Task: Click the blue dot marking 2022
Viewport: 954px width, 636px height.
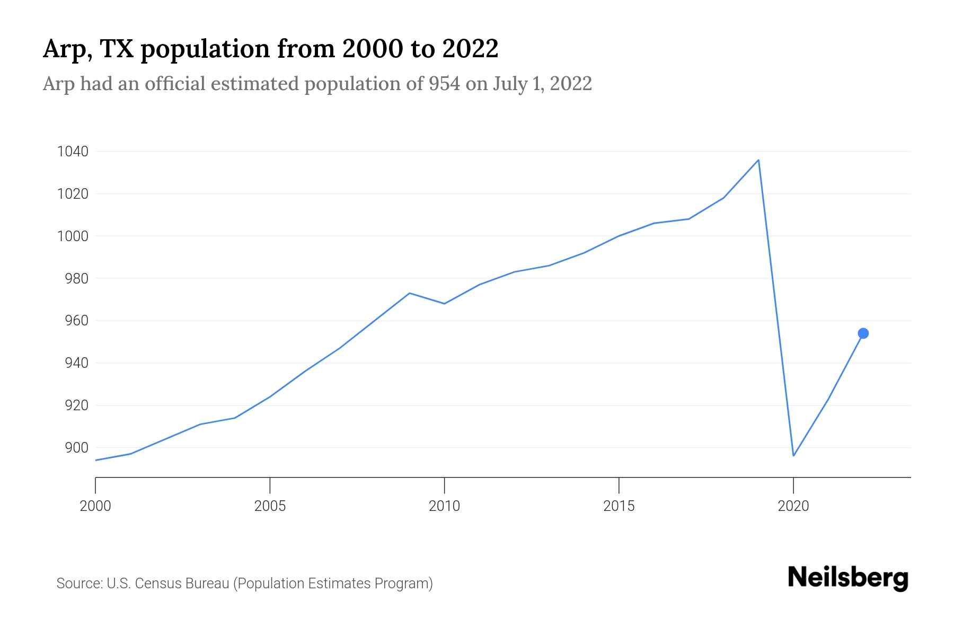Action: pos(863,333)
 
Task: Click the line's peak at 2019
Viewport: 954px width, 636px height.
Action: pos(758,160)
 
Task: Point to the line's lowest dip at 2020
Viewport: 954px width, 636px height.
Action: pos(793,455)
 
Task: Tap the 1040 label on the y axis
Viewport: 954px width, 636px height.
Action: pos(73,152)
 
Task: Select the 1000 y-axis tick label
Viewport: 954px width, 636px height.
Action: pos(73,236)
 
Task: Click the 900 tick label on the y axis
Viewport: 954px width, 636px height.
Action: pos(76,448)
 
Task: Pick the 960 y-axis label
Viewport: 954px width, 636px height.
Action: pos(76,321)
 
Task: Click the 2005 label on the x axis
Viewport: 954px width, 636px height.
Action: pos(270,506)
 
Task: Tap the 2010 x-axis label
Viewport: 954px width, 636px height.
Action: pos(444,506)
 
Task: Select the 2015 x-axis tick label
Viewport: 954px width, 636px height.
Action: pos(619,506)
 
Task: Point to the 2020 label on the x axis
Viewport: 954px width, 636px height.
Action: pos(793,506)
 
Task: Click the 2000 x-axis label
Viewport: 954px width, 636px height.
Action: pos(95,506)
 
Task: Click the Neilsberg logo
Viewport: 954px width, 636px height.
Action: pos(848,578)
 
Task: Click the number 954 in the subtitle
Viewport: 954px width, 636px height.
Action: pos(444,84)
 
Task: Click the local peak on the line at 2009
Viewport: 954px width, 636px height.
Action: pos(409,293)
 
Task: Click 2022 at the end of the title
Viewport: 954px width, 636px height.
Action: pos(470,49)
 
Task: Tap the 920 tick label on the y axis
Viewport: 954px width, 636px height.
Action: pos(76,405)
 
